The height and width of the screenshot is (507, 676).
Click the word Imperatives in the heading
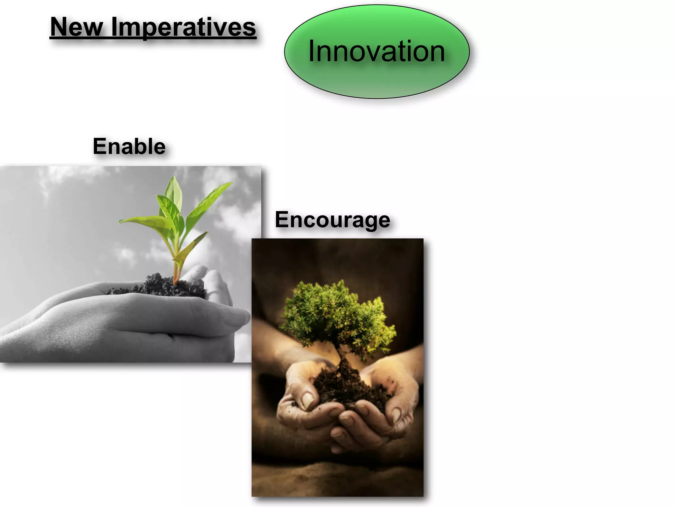(184, 27)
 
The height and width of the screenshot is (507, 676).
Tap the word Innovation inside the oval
(376, 51)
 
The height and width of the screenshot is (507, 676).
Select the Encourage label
(332, 220)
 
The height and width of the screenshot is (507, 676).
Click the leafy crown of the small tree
(337, 314)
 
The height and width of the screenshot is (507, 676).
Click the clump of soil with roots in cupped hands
(347, 386)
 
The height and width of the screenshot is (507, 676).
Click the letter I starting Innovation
(311, 51)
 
